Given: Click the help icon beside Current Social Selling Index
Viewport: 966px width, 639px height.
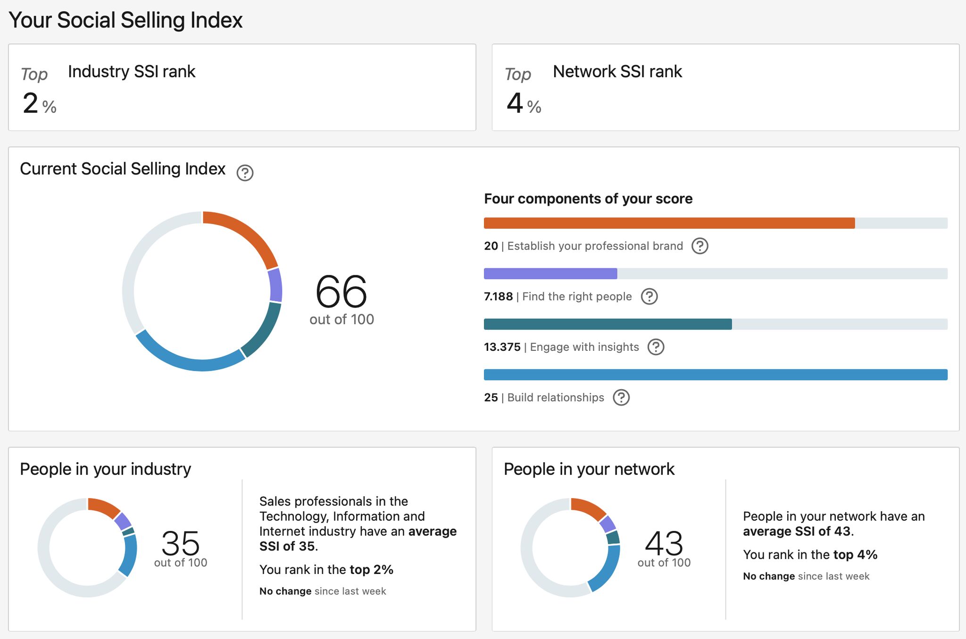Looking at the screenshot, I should click(245, 173).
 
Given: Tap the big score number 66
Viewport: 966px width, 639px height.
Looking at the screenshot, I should click(341, 291).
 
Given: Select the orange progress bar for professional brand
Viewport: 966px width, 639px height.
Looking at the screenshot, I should click(669, 223).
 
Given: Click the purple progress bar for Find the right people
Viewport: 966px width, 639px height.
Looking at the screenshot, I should click(550, 274).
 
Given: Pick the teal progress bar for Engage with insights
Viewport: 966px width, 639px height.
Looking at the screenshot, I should click(608, 324).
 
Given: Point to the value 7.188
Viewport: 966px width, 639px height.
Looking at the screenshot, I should click(498, 297).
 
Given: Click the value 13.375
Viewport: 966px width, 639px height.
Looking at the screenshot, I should click(502, 347).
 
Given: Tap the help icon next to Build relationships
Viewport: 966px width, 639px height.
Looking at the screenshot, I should click(621, 398).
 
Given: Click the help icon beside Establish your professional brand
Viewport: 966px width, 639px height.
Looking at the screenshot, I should click(700, 246).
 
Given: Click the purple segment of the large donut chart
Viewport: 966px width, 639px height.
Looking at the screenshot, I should click(275, 285).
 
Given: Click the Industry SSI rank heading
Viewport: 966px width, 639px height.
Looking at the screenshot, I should click(132, 72).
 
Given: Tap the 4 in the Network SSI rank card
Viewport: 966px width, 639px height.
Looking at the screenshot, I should click(515, 103).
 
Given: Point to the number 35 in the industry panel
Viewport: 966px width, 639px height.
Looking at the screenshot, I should click(180, 543).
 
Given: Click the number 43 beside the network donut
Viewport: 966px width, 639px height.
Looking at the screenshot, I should click(664, 543).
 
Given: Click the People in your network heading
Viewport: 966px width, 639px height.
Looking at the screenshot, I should click(589, 469).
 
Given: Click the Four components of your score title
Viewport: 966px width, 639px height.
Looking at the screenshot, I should click(588, 199).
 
